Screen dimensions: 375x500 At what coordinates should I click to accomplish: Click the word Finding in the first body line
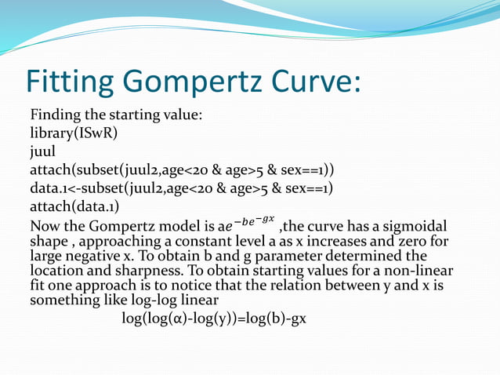click(x=57, y=115)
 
